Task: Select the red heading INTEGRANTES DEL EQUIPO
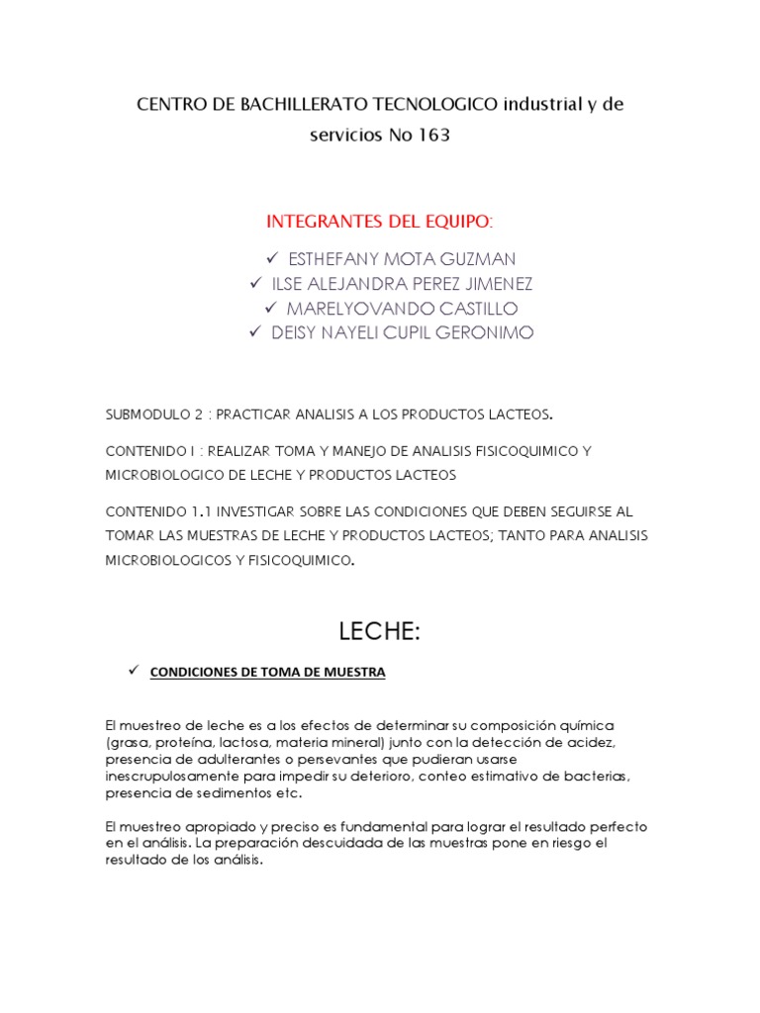coord(380,219)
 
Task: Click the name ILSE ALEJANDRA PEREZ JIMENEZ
coord(402,284)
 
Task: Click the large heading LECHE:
coord(380,631)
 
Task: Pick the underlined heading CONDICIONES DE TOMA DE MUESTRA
coord(267,673)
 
